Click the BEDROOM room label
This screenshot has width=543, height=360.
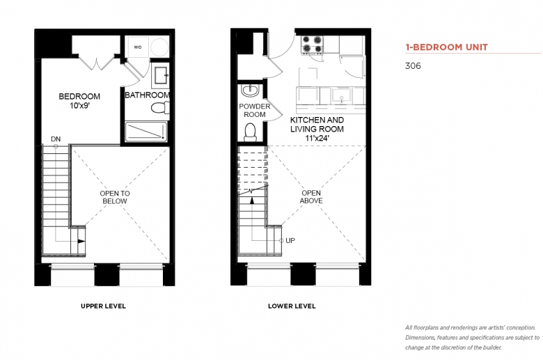point(79,96)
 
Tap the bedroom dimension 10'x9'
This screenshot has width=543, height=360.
point(79,106)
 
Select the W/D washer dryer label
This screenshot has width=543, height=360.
point(137,47)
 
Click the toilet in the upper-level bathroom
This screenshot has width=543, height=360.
point(160,108)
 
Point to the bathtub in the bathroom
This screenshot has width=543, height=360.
point(145,132)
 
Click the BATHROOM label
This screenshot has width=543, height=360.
point(147,95)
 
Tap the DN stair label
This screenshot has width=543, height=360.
point(56,139)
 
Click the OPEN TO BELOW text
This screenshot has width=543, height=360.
point(115,197)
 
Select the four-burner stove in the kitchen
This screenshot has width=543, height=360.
point(312,45)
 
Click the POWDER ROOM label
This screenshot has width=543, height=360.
point(255,110)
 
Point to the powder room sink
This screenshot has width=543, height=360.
point(250,91)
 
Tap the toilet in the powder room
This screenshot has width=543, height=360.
point(250,132)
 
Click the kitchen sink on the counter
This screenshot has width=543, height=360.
point(341,95)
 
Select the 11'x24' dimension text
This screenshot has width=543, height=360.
point(317,138)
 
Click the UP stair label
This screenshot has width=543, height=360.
point(290,240)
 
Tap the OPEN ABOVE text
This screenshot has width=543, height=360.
point(311,197)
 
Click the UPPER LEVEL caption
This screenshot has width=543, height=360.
point(103,306)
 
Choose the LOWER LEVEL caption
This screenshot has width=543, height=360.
point(292,306)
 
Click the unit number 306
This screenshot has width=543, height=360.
point(413,66)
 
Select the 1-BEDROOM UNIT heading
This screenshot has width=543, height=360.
point(447,47)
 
